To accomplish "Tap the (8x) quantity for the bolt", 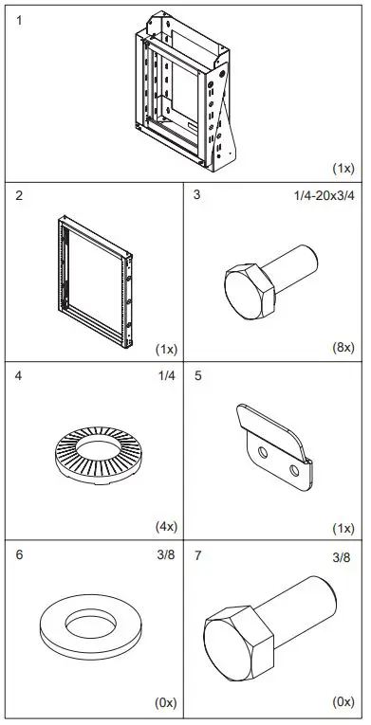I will (343, 348).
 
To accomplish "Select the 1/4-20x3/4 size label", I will (322, 196).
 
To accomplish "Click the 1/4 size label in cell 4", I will (165, 376).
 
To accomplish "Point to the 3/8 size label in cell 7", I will (342, 558).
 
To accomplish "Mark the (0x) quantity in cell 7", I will (343, 704).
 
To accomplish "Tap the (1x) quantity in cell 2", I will (166, 348).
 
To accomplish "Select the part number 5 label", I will (197, 376).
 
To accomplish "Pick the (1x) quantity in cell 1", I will (343, 168).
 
